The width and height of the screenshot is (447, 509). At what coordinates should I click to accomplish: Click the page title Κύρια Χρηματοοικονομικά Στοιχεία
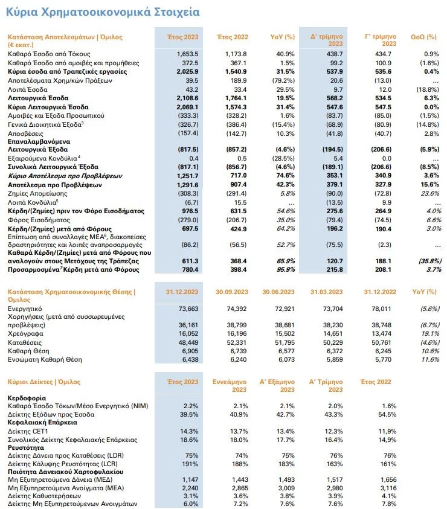pyautogui.click(x=103, y=12)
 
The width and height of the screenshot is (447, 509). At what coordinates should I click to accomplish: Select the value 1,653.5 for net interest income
pyautogui.click(x=187, y=54)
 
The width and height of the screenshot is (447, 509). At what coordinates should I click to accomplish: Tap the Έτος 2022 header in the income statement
pyautogui.click(x=233, y=37)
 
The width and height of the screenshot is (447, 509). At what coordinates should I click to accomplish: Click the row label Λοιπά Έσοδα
pyautogui.click(x=28, y=89)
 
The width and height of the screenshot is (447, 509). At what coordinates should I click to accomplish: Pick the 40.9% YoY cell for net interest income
pyautogui.click(x=285, y=54)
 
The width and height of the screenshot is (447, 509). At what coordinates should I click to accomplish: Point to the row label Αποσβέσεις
pyautogui.click(x=25, y=133)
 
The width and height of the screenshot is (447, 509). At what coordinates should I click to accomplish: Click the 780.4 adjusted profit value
pyautogui.click(x=190, y=269)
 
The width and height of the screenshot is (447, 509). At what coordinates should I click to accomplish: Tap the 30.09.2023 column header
pyautogui.click(x=231, y=292)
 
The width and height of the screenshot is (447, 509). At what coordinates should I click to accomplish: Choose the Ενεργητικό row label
pyautogui.click(x=25, y=309)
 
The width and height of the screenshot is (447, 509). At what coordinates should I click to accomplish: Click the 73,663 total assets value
pyautogui.click(x=188, y=309)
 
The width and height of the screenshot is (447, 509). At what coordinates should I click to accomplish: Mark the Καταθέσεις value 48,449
pyautogui.click(x=188, y=342)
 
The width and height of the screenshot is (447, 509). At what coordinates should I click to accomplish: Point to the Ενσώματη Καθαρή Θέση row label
pyautogui.click(x=45, y=359)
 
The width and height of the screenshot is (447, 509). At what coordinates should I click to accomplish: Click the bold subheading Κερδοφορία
pyautogui.click(x=27, y=398)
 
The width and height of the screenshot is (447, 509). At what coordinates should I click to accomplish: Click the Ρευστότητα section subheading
pyautogui.click(x=25, y=447)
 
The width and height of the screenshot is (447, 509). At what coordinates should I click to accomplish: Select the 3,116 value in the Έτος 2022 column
pyautogui.click(x=388, y=488)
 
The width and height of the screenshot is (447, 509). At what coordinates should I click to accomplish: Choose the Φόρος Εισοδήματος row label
pyautogui.click(x=39, y=220)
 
